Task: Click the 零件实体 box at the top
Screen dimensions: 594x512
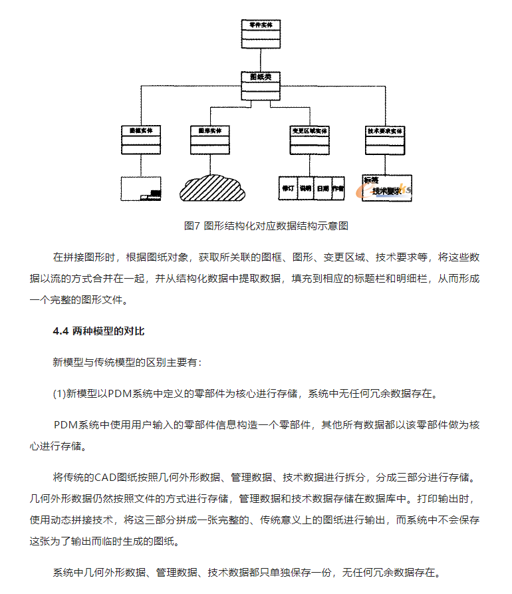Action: [x=261, y=34]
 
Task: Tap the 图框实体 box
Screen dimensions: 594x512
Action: [x=141, y=140]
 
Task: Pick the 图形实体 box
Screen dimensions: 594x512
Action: [x=210, y=140]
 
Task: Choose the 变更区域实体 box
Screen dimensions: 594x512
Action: [x=309, y=140]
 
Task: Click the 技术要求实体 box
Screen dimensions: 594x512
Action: [x=385, y=140]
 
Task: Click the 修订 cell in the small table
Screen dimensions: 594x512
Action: [x=288, y=189]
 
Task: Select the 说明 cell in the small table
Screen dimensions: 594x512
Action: [x=305, y=189]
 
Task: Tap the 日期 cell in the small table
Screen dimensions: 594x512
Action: [x=322, y=189]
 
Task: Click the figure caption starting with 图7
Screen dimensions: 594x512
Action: [x=266, y=225]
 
